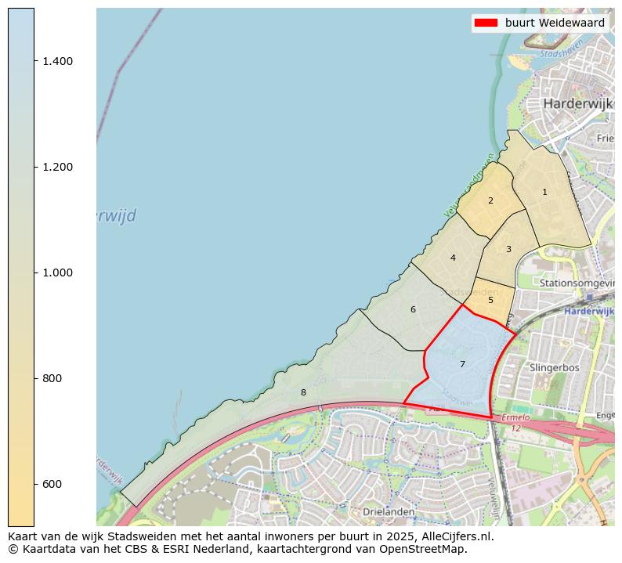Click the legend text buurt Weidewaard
click(x=555, y=23)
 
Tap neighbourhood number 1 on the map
click(x=544, y=192)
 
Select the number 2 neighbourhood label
click(x=490, y=200)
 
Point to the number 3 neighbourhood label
click(x=508, y=249)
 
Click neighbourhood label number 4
click(x=453, y=258)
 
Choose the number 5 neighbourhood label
click(x=490, y=300)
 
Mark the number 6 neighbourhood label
click(x=413, y=309)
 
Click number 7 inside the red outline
click(x=462, y=364)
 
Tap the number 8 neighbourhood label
click(x=303, y=392)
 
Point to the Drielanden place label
click(x=389, y=511)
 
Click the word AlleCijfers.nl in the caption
click(x=458, y=537)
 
